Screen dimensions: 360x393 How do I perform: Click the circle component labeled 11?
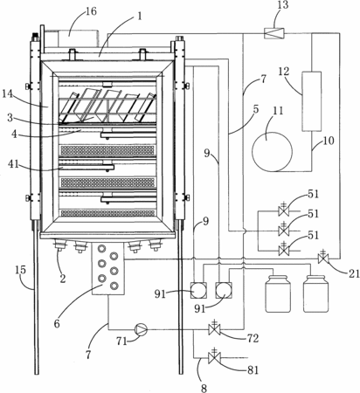coord(272,152)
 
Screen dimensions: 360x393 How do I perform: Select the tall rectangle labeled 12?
coord(311,101)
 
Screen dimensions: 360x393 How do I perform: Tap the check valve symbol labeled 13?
coord(273,33)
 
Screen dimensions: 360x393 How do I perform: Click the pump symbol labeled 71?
coord(141,329)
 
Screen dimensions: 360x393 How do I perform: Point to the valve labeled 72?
coord(214,329)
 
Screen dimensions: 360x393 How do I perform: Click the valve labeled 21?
coord(322,257)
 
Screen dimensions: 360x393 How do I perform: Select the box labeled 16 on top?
coord(78,38)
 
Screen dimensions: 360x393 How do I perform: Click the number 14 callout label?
coord(9,94)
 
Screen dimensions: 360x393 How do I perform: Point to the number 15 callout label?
coord(20,270)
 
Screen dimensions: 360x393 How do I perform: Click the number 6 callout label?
coord(57,323)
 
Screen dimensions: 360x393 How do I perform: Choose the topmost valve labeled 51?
coord(284,209)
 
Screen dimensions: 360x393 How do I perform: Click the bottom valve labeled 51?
coord(284,249)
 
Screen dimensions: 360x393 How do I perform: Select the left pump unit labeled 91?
coord(198,290)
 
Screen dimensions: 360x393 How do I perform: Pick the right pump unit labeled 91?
coord(224,290)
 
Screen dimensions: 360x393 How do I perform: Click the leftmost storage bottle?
coord(278,293)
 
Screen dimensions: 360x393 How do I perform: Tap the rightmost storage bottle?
coord(316,293)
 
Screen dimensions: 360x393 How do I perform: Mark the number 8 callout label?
coord(204,388)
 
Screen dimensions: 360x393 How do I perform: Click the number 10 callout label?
coord(329,141)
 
